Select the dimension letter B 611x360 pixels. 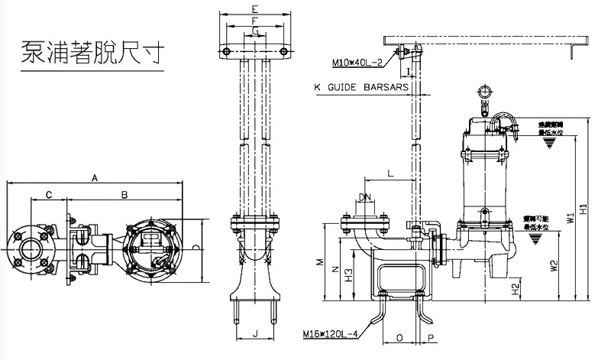[124, 196]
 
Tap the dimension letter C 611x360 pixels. [49, 196]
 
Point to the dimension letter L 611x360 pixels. [390, 174]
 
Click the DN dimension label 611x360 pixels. [365, 198]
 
